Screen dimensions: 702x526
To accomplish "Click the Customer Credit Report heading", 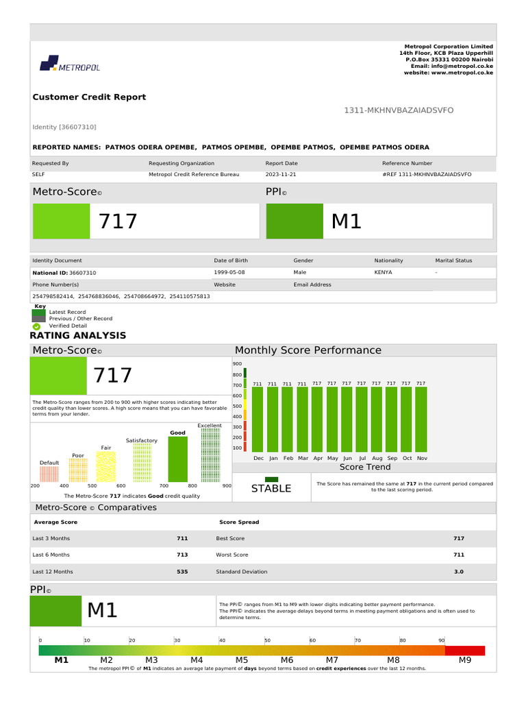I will [89, 97].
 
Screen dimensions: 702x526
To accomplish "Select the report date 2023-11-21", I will [281, 175].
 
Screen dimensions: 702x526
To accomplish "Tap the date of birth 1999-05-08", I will [229, 273].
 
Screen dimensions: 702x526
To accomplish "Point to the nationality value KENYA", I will [384, 273].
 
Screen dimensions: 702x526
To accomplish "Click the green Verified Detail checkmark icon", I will [37, 326].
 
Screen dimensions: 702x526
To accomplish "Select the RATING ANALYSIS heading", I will [78, 336].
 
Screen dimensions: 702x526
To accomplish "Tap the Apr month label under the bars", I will [317, 458].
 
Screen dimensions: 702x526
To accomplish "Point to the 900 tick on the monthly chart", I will [237, 364].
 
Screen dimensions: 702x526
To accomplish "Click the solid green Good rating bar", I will [177, 459].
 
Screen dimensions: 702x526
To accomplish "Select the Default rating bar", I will [49, 474].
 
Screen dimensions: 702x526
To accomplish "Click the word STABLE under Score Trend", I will [271, 489].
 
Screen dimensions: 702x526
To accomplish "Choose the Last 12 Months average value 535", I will [182, 572].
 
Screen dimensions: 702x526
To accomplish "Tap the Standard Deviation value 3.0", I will [458, 572].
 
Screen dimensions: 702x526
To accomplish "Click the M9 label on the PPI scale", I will [465, 660].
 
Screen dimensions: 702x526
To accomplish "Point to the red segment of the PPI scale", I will [465, 651].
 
